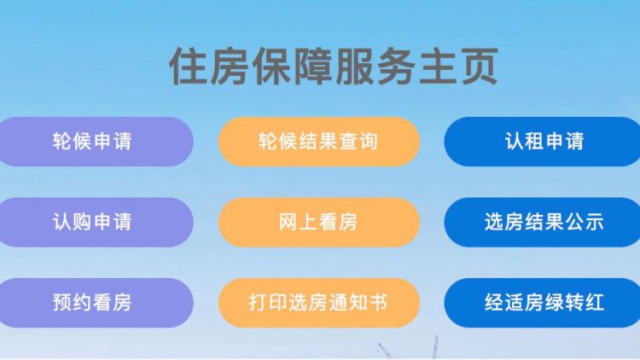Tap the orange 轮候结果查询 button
[319, 142]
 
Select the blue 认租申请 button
[543, 142]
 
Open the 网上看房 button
[319, 222]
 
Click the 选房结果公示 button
[543, 222]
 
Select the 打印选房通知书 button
[319, 303]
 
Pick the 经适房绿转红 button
[543, 303]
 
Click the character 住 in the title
[189, 67]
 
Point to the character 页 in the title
[479, 67]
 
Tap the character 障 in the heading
[313, 67]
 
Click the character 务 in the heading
[396, 67]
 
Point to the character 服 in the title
[355, 67]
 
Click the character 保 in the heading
[271, 67]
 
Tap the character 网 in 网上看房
[288, 222]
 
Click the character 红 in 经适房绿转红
[594, 303]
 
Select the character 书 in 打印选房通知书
[378, 303]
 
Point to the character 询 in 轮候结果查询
[368, 142]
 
